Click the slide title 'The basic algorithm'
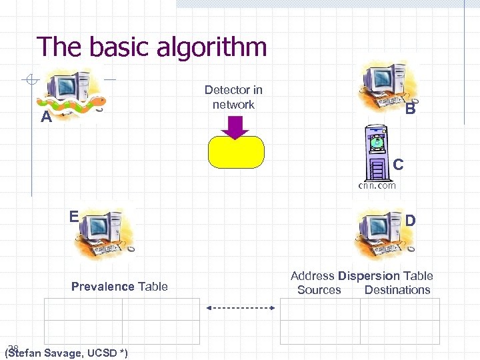point(152,47)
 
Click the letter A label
point(46,118)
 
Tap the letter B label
point(411,109)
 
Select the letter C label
point(398,163)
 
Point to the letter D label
point(411,220)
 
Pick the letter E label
point(75,216)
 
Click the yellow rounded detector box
point(236,152)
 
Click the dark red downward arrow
point(235,127)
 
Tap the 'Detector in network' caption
point(233,97)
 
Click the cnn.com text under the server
point(377,185)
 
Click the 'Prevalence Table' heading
point(119,287)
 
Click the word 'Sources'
point(319,290)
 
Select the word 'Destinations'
point(397,290)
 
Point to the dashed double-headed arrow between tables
point(241,308)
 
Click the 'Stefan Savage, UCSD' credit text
point(67,352)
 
